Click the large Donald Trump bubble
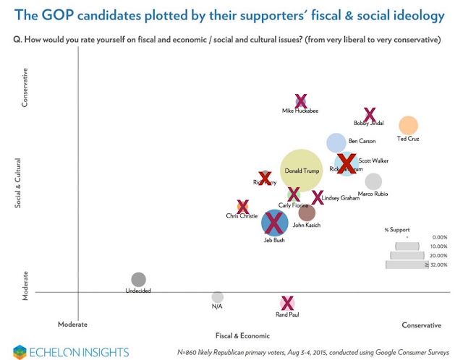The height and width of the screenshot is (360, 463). pos(301,171)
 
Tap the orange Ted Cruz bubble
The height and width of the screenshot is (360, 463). pos(409,126)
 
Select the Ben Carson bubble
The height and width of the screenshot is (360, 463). pos(336,142)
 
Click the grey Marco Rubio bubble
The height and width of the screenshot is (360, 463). pos(373,181)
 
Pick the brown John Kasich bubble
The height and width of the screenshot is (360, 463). pos(307,213)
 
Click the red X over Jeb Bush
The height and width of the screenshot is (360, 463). pos(274,222)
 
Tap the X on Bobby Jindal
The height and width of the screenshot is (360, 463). pos(370,113)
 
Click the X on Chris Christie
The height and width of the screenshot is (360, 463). pos(243,207)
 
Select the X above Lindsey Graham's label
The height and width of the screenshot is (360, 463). pos(318,197)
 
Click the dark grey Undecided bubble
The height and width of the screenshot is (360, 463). pos(138,279)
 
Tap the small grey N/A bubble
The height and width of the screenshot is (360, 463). pos(217,296)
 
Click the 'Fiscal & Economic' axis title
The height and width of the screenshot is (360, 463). pos(242,336)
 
